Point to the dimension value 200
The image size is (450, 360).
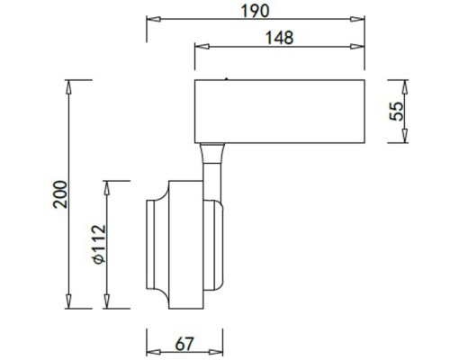click(x=59, y=194)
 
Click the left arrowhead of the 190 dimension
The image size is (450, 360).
click(x=151, y=20)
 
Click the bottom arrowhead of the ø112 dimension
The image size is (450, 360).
click(x=110, y=304)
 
